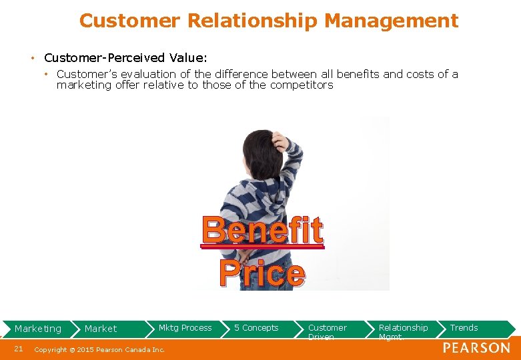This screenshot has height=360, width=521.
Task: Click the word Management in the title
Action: click(391, 21)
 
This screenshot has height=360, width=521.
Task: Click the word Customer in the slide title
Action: click(129, 21)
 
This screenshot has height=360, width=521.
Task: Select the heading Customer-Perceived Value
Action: click(125, 58)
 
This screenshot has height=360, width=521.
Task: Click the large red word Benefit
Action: click(263, 231)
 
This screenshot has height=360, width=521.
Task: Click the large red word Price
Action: click(262, 273)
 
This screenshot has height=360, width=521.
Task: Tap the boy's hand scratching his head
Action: click(281, 141)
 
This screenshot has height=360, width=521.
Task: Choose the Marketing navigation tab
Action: click(38, 329)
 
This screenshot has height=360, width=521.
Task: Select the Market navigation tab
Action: click(101, 329)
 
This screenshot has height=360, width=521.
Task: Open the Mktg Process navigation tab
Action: click(185, 328)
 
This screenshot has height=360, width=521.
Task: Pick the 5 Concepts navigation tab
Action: click(256, 328)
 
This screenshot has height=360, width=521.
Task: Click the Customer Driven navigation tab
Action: click(327, 331)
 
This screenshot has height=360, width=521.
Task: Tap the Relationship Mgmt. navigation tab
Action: click(403, 331)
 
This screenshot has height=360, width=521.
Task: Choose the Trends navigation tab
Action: click(464, 328)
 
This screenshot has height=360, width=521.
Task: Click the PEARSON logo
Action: click(476, 348)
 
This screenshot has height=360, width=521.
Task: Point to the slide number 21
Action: click(19, 349)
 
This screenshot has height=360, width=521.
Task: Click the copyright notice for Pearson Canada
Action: click(99, 349)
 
